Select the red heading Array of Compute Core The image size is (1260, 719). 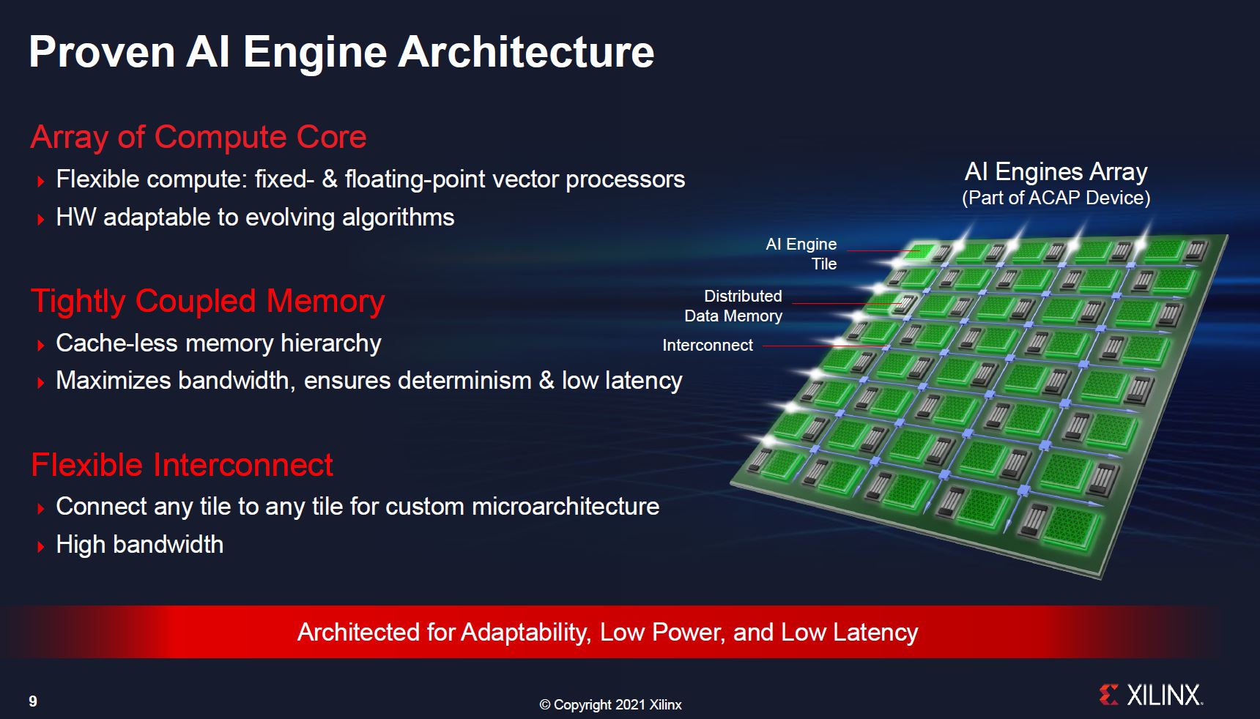pos(198,138)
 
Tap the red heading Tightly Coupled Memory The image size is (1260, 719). pos(207,302)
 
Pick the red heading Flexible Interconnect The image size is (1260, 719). pos(182,466)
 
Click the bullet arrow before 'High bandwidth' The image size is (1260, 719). pos(41,546)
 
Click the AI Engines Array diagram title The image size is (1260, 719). pos(1056,172)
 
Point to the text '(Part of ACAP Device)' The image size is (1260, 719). pos(1056,198)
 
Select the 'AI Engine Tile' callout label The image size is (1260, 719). pos(802,254)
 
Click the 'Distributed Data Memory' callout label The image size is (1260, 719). pos(734,306)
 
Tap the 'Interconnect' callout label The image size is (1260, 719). pos(707,346)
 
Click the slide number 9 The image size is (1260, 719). pos(33,701)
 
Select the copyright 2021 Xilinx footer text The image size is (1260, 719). pos(610,705)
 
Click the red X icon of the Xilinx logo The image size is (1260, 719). pos(1108,695)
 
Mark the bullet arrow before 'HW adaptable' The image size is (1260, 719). pos(41,219)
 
